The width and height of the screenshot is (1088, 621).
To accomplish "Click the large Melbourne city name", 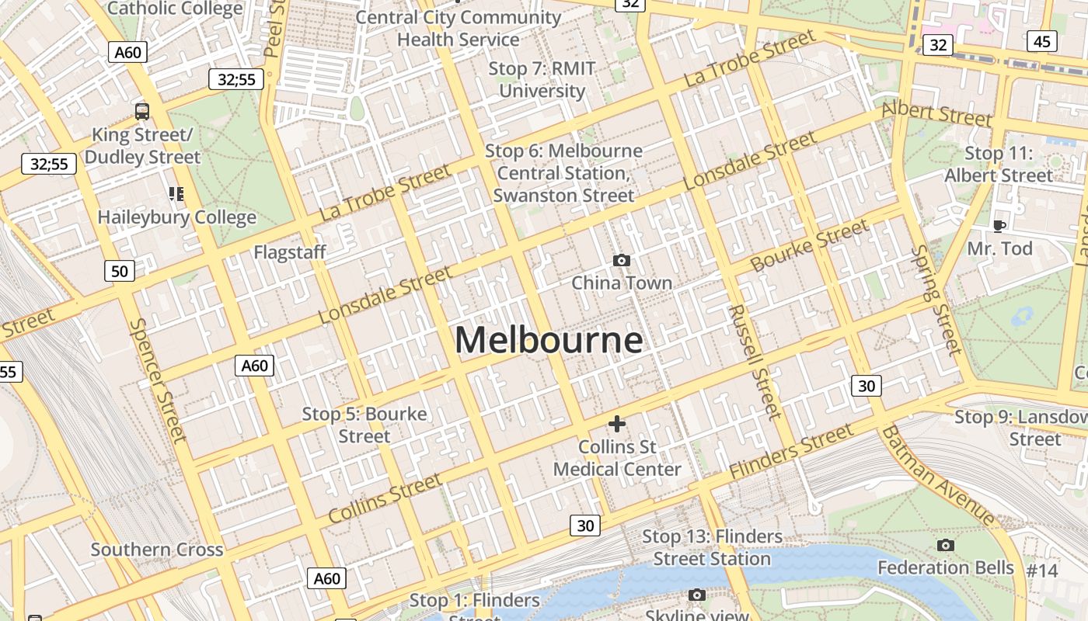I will pos(549,340).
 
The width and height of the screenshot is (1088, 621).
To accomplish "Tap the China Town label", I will pos(622,283).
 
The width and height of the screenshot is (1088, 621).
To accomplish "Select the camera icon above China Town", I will pos(622,260).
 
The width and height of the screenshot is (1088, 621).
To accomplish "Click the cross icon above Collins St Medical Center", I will pos(617,424).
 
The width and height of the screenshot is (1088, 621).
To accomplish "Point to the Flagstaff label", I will pos(290,252).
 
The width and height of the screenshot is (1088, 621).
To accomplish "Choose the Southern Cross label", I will pos(157,550).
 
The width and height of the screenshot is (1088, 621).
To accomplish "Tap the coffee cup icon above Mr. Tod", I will pos(999,226).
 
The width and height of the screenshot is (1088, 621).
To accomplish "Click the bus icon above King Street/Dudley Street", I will pos(142,111).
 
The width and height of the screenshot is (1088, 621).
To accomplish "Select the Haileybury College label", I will pos(176,217).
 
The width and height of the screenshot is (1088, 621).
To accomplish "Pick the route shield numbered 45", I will pos(1042,41).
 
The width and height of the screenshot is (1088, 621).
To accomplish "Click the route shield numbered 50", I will pos(119,271).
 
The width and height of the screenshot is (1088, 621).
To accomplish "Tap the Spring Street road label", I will pos(937,300).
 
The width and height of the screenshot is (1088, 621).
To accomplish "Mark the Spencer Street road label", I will pos(158,380).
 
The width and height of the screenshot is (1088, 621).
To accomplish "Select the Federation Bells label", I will pos(946,568).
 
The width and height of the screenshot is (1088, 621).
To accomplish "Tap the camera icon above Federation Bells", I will pos(945,546).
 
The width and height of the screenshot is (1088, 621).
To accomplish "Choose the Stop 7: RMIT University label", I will pos(542,80).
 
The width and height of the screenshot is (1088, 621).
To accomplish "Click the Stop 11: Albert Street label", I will pos(998,165).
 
